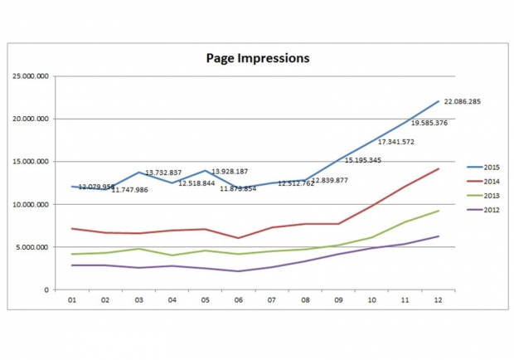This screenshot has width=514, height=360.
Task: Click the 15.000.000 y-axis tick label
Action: coord(34,162)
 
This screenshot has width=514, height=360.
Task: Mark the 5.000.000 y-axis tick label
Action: coord(36,247)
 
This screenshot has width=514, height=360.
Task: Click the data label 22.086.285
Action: coord(463,102)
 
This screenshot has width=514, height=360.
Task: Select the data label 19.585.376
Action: coord(429,123)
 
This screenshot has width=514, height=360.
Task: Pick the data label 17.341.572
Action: coord(395,142)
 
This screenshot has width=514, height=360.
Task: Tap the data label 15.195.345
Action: coord(362,160)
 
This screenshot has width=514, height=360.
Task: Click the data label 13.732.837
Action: coord(163,173)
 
